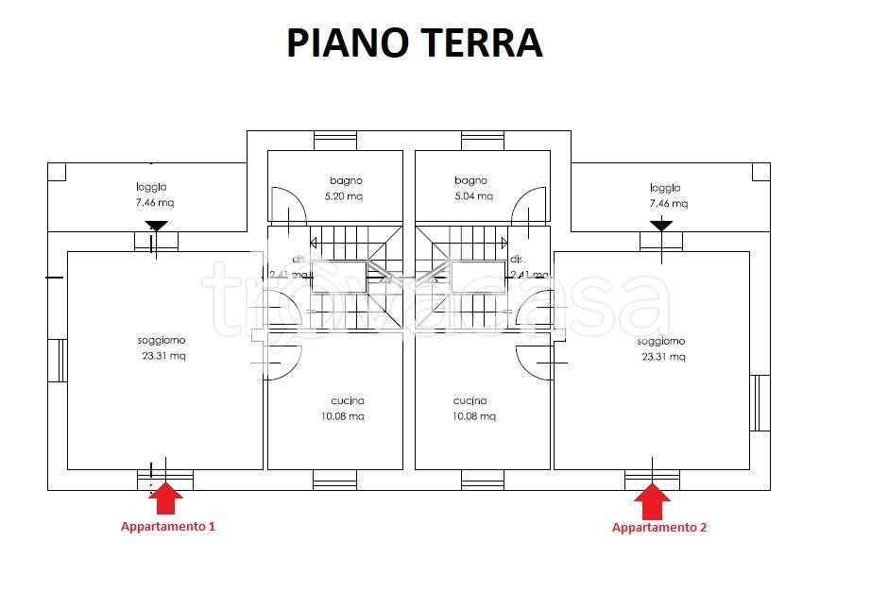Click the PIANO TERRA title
[x=415, y=43]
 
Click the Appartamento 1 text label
[x=167, y=526]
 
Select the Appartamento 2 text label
[x=658, y=527]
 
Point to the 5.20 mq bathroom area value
[x=346, y=196]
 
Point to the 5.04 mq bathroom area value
[x=472, y=196]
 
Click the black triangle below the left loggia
[x=156, y=226]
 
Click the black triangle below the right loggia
[x=661, y=226]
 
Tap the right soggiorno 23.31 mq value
[x=663, y=357]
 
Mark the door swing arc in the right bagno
[x=530, y=203]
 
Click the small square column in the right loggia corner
[x=760, y=172]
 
